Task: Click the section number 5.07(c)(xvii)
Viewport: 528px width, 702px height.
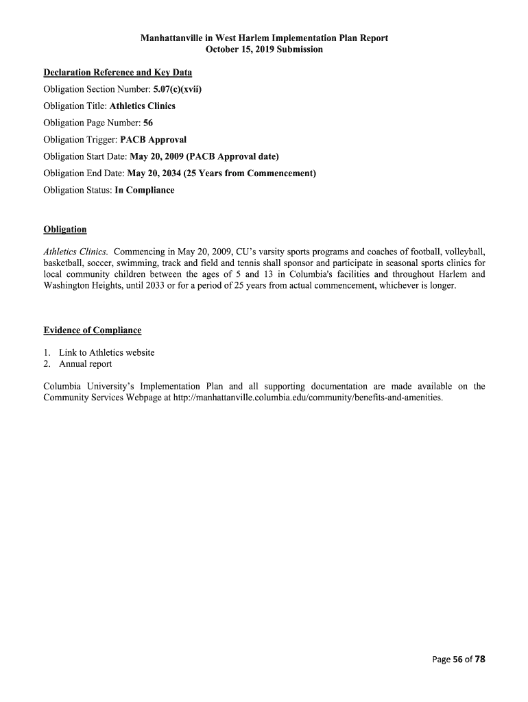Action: click(x=178, y=89)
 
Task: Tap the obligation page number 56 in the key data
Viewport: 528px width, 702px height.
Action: click(x=148, y=123)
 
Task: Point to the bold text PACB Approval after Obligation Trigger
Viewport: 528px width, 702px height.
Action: click(x=154, y=139)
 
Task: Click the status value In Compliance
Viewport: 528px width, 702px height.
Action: click(x=145, y=190)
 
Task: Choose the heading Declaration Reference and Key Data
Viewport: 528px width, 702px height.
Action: click(x=117, y=72)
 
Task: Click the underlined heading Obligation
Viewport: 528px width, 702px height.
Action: click(x=65, y=229)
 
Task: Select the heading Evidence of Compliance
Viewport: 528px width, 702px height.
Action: click(x=93, y=330)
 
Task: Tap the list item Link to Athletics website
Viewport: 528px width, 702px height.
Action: click(x=106, y=352)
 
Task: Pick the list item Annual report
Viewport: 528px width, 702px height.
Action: click(x=85, y=364)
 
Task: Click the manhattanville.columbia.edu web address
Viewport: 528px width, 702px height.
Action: click(x=308, y=398)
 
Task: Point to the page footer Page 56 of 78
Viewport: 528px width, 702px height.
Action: click(x=459, y=659)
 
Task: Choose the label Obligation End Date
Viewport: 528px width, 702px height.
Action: click(x=84, y=173)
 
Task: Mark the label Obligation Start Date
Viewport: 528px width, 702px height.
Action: click(x=85, y=156)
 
